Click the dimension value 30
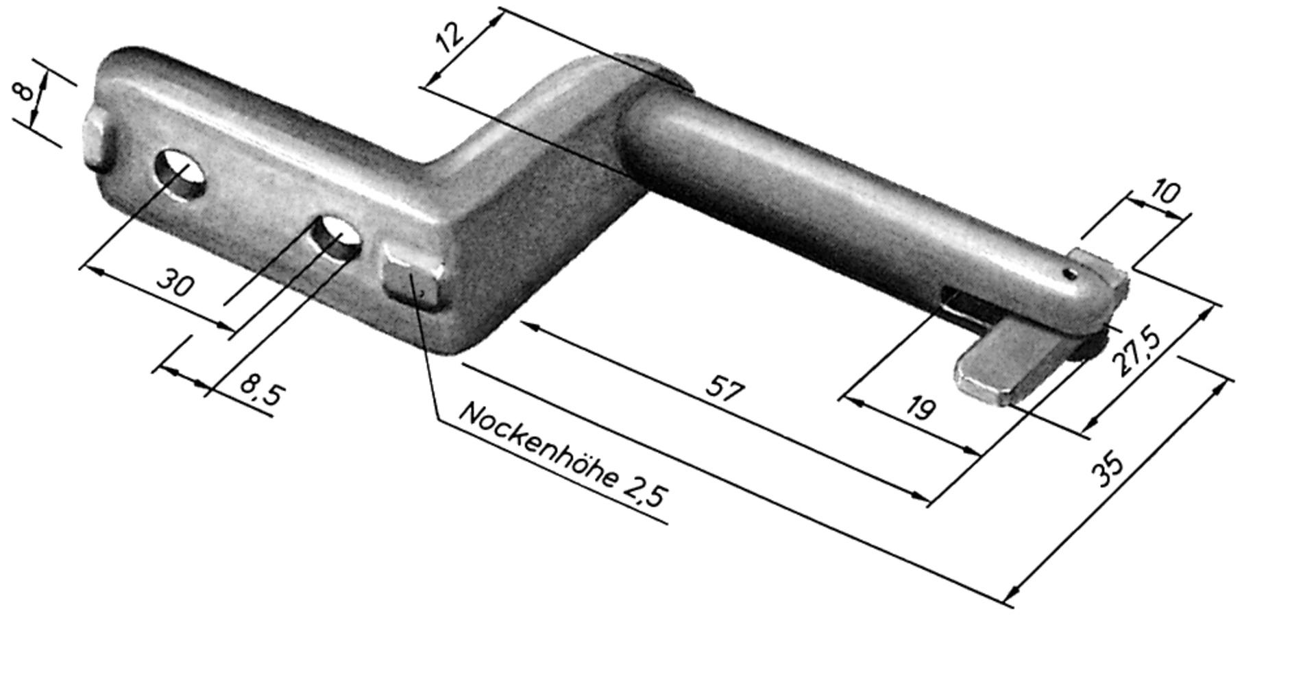tap(176, 283)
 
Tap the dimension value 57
tap(724, 390)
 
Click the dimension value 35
tap(1108, 466)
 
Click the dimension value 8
tap(25, 91)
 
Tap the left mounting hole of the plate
tap(180, 174)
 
